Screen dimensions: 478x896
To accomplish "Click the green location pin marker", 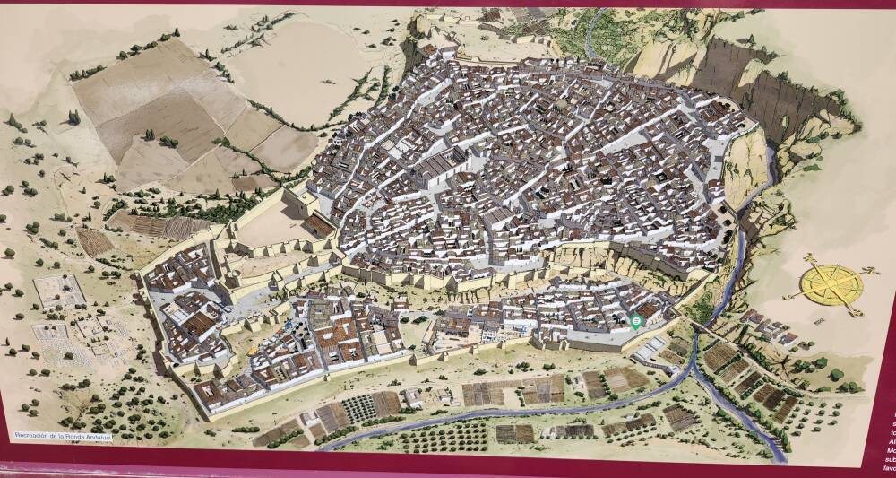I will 636,321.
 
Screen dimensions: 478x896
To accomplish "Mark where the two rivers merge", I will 695,363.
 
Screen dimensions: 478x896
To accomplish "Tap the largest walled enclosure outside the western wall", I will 59,291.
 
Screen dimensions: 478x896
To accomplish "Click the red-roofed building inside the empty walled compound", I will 315,223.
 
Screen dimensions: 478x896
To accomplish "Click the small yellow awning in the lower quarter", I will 254,350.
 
